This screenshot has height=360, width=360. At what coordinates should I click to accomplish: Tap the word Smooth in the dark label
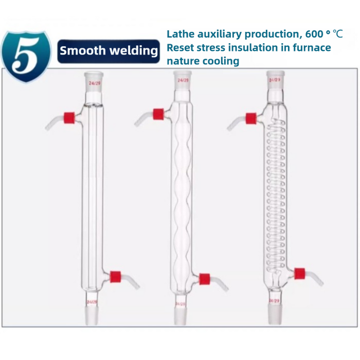pos(76,50)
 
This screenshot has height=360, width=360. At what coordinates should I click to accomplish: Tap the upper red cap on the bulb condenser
pos(158,114)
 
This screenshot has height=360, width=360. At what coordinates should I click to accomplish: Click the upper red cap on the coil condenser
pos(251,118)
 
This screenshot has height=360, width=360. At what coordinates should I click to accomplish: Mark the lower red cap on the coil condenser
pos(299,273)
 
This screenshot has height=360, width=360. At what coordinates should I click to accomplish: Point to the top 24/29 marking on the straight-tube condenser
pos(94,83)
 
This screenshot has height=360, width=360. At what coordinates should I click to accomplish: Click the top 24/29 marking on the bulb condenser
pos(183,81)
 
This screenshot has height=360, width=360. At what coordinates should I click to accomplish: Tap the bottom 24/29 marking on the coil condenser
pos(274,299)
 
